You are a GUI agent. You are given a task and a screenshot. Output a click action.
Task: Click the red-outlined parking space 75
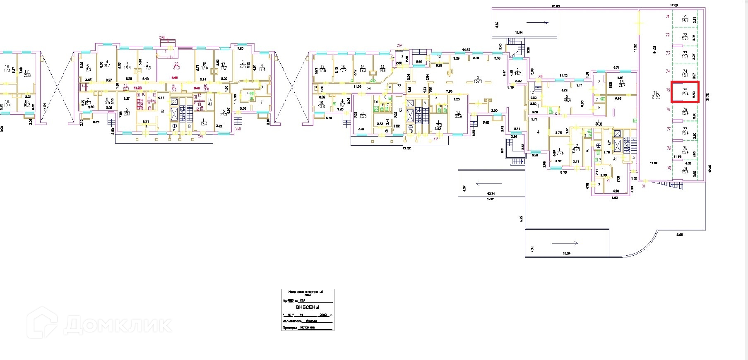(x=685, y=92)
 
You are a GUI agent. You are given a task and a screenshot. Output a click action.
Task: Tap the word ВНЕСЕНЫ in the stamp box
(x=308, y=307)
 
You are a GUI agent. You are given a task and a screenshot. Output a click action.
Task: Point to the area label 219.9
(x=656, y=95)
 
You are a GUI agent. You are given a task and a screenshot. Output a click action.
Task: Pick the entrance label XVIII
(x=162, y=38)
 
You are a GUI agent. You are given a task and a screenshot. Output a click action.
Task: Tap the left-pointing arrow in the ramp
(x=489, y=183)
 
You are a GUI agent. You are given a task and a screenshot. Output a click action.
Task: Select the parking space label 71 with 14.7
(x=685, y=18)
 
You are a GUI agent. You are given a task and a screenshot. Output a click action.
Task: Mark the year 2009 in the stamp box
(x=323, y=315)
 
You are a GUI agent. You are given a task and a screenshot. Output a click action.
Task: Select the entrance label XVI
(x=200, y=136)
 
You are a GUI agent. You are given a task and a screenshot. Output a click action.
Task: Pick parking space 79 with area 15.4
(x=685, y=170)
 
